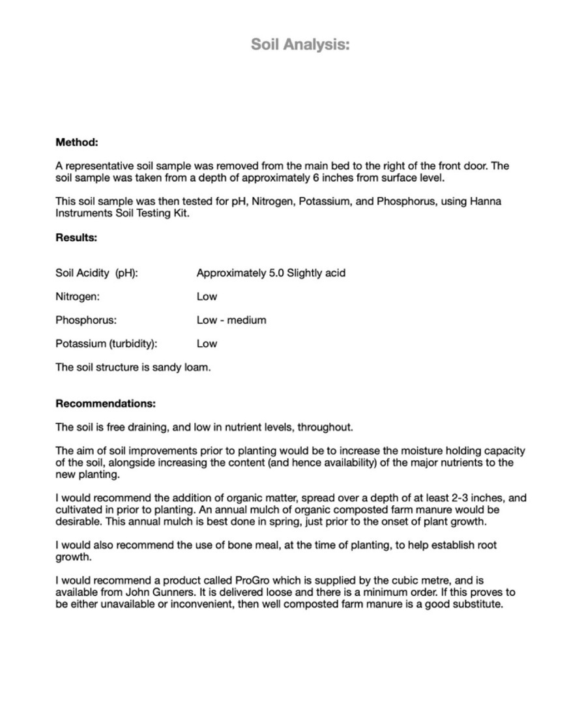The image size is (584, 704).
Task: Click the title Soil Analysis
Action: (x=300, y=44)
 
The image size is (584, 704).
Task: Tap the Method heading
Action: (x=77, y=142)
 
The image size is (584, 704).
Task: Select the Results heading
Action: (x=76, y=237)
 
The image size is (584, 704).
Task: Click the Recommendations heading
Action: (x=106, y=403)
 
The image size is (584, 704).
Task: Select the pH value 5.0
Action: (x=276, y=273)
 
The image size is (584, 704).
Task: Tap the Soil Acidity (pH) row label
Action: (x=96, y=273)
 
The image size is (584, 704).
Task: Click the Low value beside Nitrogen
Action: (x=207, y=297)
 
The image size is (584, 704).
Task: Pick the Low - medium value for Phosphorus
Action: (x=231, y=320)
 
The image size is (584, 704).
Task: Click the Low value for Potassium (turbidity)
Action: (x=207, y=344)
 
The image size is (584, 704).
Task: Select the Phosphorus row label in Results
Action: (x=86, y=320)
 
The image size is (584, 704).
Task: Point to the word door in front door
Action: (x=474, y=166)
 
